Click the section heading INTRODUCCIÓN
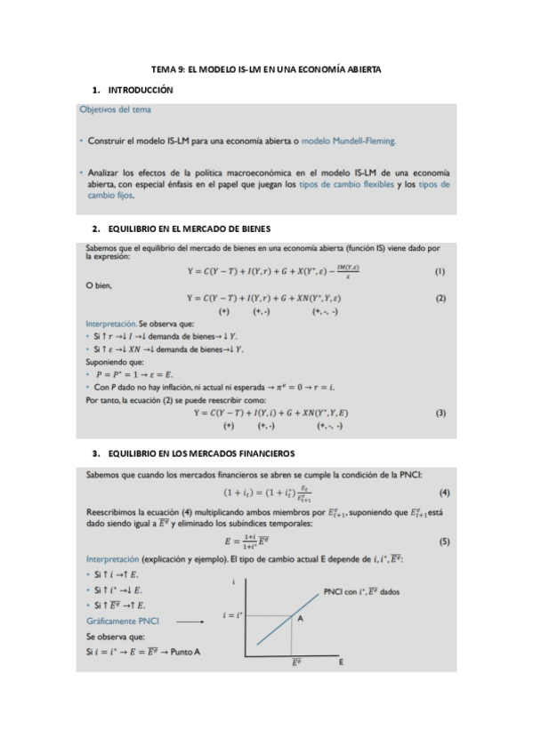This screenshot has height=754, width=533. pos(140,91)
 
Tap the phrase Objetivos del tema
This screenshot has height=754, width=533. pos(115,110)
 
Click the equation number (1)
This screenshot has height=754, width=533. pos(440,270)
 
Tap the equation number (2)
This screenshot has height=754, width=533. pos(440,299)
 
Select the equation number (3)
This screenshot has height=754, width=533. pos(440,413)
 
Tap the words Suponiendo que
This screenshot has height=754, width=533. pos(114,362)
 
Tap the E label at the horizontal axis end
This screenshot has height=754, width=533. pos(342,662)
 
